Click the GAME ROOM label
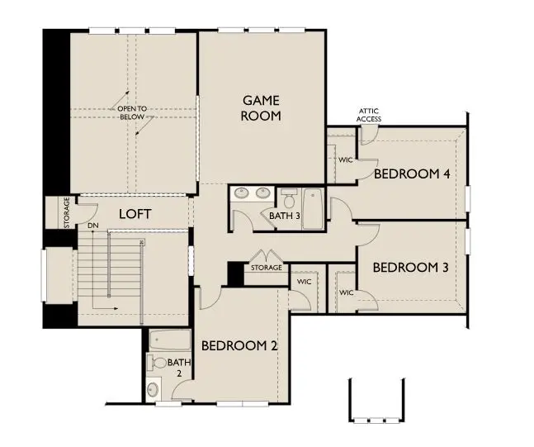pyautogui.click(x=260, y=108)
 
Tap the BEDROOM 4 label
pyautogui.click(x=412, y=174)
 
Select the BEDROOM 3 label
pyautogui.click(x=410, y=268)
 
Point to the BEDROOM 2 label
pyautogui.click(x=239, y=345)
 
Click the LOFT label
pyautogui.click(x=135, y=214)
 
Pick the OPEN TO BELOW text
pyautogui.click(x=130, y=113)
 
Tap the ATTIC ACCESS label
pyautogui.click(x=369, y=115)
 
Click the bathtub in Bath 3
pyautogui.click(x=313, y=206)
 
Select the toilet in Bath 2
pyautogui.click(x=156, y=361)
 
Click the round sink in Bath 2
pyautogui.click(x=154, y=389)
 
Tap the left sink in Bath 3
pyautogui.click(x=243, y=194)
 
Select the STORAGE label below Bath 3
pyautogui.click(x=266, y=268)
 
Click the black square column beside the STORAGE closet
pyautogui.click(x=234, y=273)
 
